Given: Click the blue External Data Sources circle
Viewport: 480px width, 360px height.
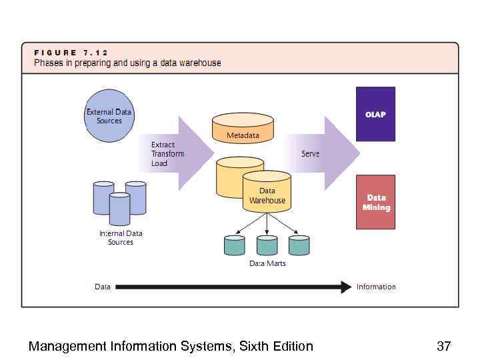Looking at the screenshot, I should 109,116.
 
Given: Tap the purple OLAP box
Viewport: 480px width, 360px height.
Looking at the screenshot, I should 375,114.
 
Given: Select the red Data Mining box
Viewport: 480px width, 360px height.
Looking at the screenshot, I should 376,202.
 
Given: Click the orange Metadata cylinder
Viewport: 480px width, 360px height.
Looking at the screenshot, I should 243,128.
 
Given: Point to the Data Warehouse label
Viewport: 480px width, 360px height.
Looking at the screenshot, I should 267,196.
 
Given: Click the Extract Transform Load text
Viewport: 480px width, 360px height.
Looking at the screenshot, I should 167,154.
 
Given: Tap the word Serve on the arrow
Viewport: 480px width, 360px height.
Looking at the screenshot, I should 310,154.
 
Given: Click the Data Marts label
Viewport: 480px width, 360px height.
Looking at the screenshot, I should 267,264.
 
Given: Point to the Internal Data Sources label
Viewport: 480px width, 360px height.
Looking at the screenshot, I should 121,238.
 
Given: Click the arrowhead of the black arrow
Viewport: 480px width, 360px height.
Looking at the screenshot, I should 346,287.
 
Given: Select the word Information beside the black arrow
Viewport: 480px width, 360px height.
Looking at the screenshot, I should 376,287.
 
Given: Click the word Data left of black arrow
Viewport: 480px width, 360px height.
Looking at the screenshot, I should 103,287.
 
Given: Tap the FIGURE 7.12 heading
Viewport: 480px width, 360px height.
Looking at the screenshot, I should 71,53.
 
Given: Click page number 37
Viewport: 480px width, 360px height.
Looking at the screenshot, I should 443,346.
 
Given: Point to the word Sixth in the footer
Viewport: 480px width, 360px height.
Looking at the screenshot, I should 255,346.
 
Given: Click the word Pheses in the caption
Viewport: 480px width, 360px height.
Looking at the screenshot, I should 50,63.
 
